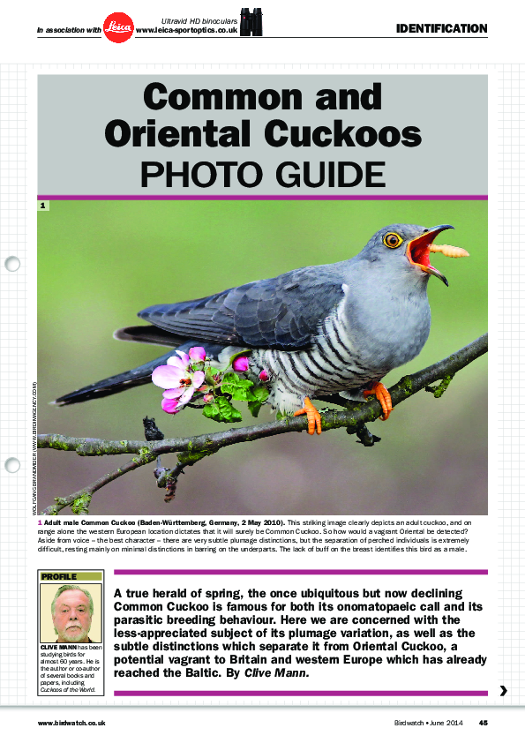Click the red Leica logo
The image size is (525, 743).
coord(117,28)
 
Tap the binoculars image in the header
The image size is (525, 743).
coord(251,24)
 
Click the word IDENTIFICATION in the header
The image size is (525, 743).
coord(441,29)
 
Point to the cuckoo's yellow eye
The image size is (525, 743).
coord(393,239)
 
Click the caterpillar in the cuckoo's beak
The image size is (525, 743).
coord(452,251)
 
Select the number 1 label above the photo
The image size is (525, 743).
coord(42,206)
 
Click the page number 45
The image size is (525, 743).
coord(483,723)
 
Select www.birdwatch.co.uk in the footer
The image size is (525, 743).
coord(72,723)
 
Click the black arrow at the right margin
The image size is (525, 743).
coord(503,691)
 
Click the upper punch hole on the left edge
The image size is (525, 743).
coord(12,263)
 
